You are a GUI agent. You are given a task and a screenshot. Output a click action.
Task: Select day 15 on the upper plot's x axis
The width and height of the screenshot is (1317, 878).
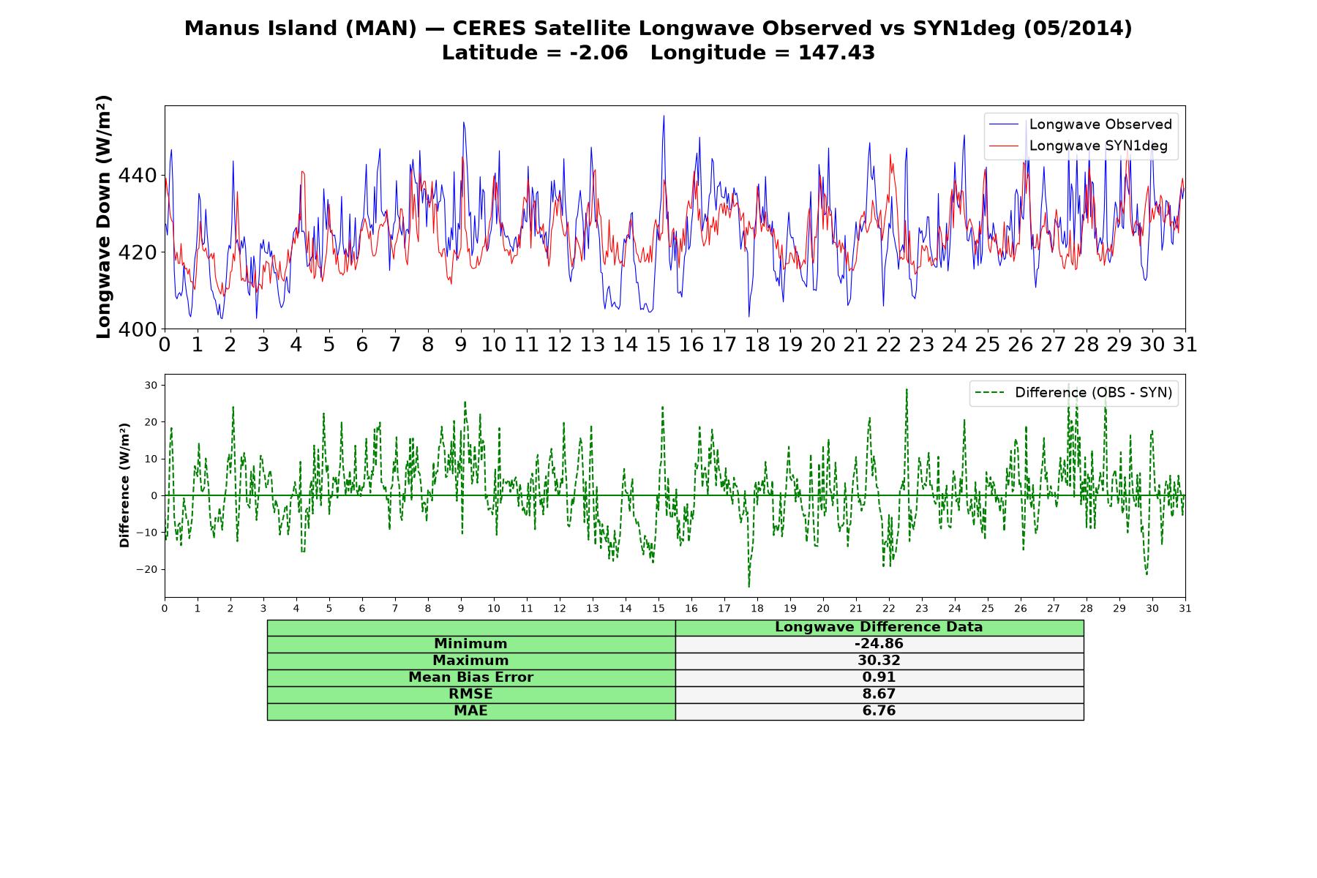(658, 345)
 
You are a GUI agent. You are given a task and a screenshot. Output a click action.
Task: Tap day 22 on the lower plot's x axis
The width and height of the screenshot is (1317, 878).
(889, 608)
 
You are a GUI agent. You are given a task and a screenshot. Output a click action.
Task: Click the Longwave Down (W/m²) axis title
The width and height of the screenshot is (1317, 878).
(104, 217)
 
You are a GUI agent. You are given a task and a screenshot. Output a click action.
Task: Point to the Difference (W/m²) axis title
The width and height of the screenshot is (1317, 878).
(124, 485)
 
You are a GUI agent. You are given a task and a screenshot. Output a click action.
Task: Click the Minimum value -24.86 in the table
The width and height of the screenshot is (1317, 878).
(879, 644)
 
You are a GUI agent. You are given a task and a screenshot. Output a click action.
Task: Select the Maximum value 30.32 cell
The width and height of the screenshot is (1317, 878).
(879, 661)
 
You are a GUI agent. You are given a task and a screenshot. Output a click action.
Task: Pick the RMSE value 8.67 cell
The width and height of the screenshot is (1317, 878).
(879, 694)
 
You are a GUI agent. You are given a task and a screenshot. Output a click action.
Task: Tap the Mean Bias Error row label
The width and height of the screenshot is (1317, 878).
(470, 678)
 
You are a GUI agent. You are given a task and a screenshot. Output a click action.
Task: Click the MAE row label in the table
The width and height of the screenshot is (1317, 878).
(470, 710)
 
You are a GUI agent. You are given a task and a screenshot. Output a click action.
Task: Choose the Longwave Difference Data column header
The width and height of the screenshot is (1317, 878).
(879, 627)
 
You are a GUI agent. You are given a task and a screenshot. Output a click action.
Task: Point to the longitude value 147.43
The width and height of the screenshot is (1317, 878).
(836, 53)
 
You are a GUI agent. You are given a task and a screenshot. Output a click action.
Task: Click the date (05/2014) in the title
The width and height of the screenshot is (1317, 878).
(1078, 29)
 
